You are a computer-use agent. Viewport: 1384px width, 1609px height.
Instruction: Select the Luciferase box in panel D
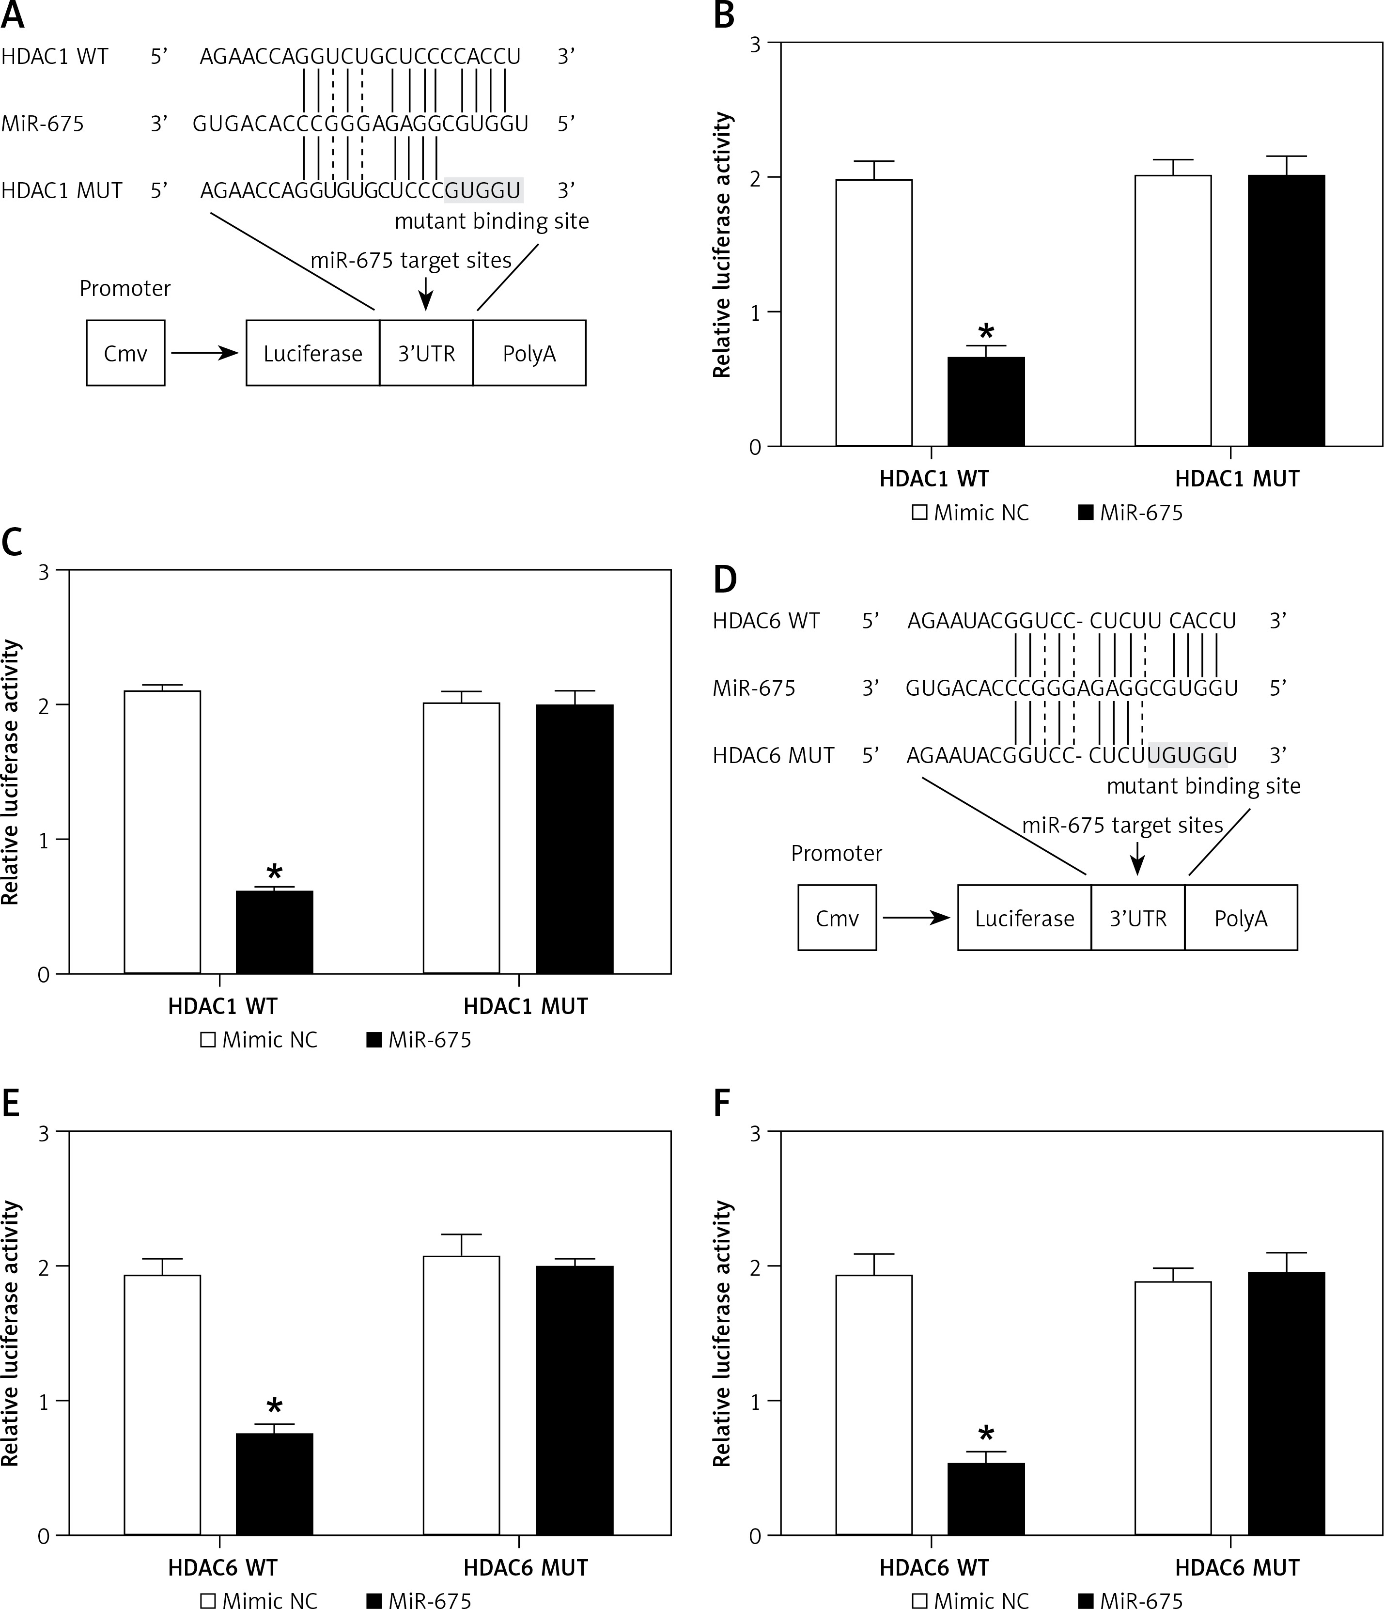1024,918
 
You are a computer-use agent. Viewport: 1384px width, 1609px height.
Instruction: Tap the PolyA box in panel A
529,353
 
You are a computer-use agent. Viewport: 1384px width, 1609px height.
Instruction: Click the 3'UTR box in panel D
1138,918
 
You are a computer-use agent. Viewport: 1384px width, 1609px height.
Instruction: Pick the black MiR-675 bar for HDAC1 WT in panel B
986,402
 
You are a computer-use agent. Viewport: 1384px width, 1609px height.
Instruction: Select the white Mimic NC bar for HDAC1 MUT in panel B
1173,311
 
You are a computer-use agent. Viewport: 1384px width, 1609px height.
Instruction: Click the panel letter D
724,579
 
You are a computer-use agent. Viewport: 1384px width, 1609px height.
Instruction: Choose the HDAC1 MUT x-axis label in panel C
526,1006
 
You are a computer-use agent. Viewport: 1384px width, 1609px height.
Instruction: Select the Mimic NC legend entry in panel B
971,513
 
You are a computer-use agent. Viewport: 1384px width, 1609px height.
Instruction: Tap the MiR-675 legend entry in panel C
419,1040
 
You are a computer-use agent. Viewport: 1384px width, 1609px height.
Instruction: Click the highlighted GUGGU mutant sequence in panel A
483,190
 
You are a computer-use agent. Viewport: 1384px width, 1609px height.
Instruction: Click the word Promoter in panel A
125,288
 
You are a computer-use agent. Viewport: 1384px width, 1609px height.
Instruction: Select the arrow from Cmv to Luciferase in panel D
917,918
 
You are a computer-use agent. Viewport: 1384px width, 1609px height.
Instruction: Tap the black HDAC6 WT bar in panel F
986,1499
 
